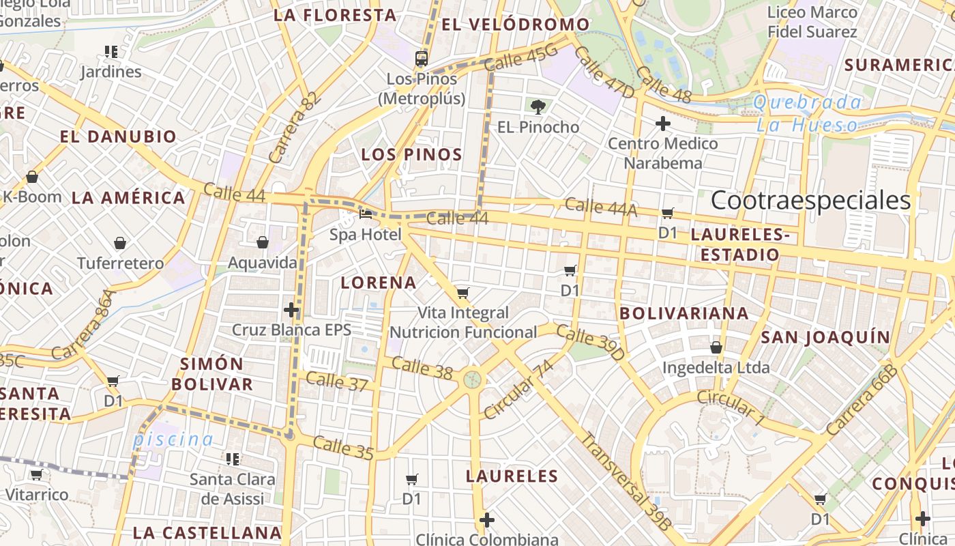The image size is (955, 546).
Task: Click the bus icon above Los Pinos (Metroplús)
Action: click(422, 58)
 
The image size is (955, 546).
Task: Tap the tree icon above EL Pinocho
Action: click(538, 106)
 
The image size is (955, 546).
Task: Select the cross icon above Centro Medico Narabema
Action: click(662, 124)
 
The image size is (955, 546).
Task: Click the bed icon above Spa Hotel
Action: click(366, 214)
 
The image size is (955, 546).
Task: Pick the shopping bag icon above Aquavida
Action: click(262, 242)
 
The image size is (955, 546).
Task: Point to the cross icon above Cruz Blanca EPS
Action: click(291, 310)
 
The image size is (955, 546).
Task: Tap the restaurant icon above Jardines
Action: click(111, 51)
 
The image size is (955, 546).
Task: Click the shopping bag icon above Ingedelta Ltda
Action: click(716, 347)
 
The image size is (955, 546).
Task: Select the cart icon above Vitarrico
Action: click(36, 474)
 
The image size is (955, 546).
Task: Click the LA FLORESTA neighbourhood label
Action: click(335, 15)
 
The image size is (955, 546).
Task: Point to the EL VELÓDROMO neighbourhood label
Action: click(515, 25)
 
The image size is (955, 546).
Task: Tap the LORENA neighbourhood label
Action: click(378, 283)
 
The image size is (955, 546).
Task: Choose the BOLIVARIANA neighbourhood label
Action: click(684, 313)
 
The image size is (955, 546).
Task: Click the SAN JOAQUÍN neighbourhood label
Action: click(825, 337)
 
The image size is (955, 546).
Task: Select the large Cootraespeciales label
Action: click(810, 201)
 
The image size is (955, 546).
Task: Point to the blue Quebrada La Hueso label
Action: click(808, 113)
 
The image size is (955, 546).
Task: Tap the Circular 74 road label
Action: click(518, 389)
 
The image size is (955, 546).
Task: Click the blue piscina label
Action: click(173, 440)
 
